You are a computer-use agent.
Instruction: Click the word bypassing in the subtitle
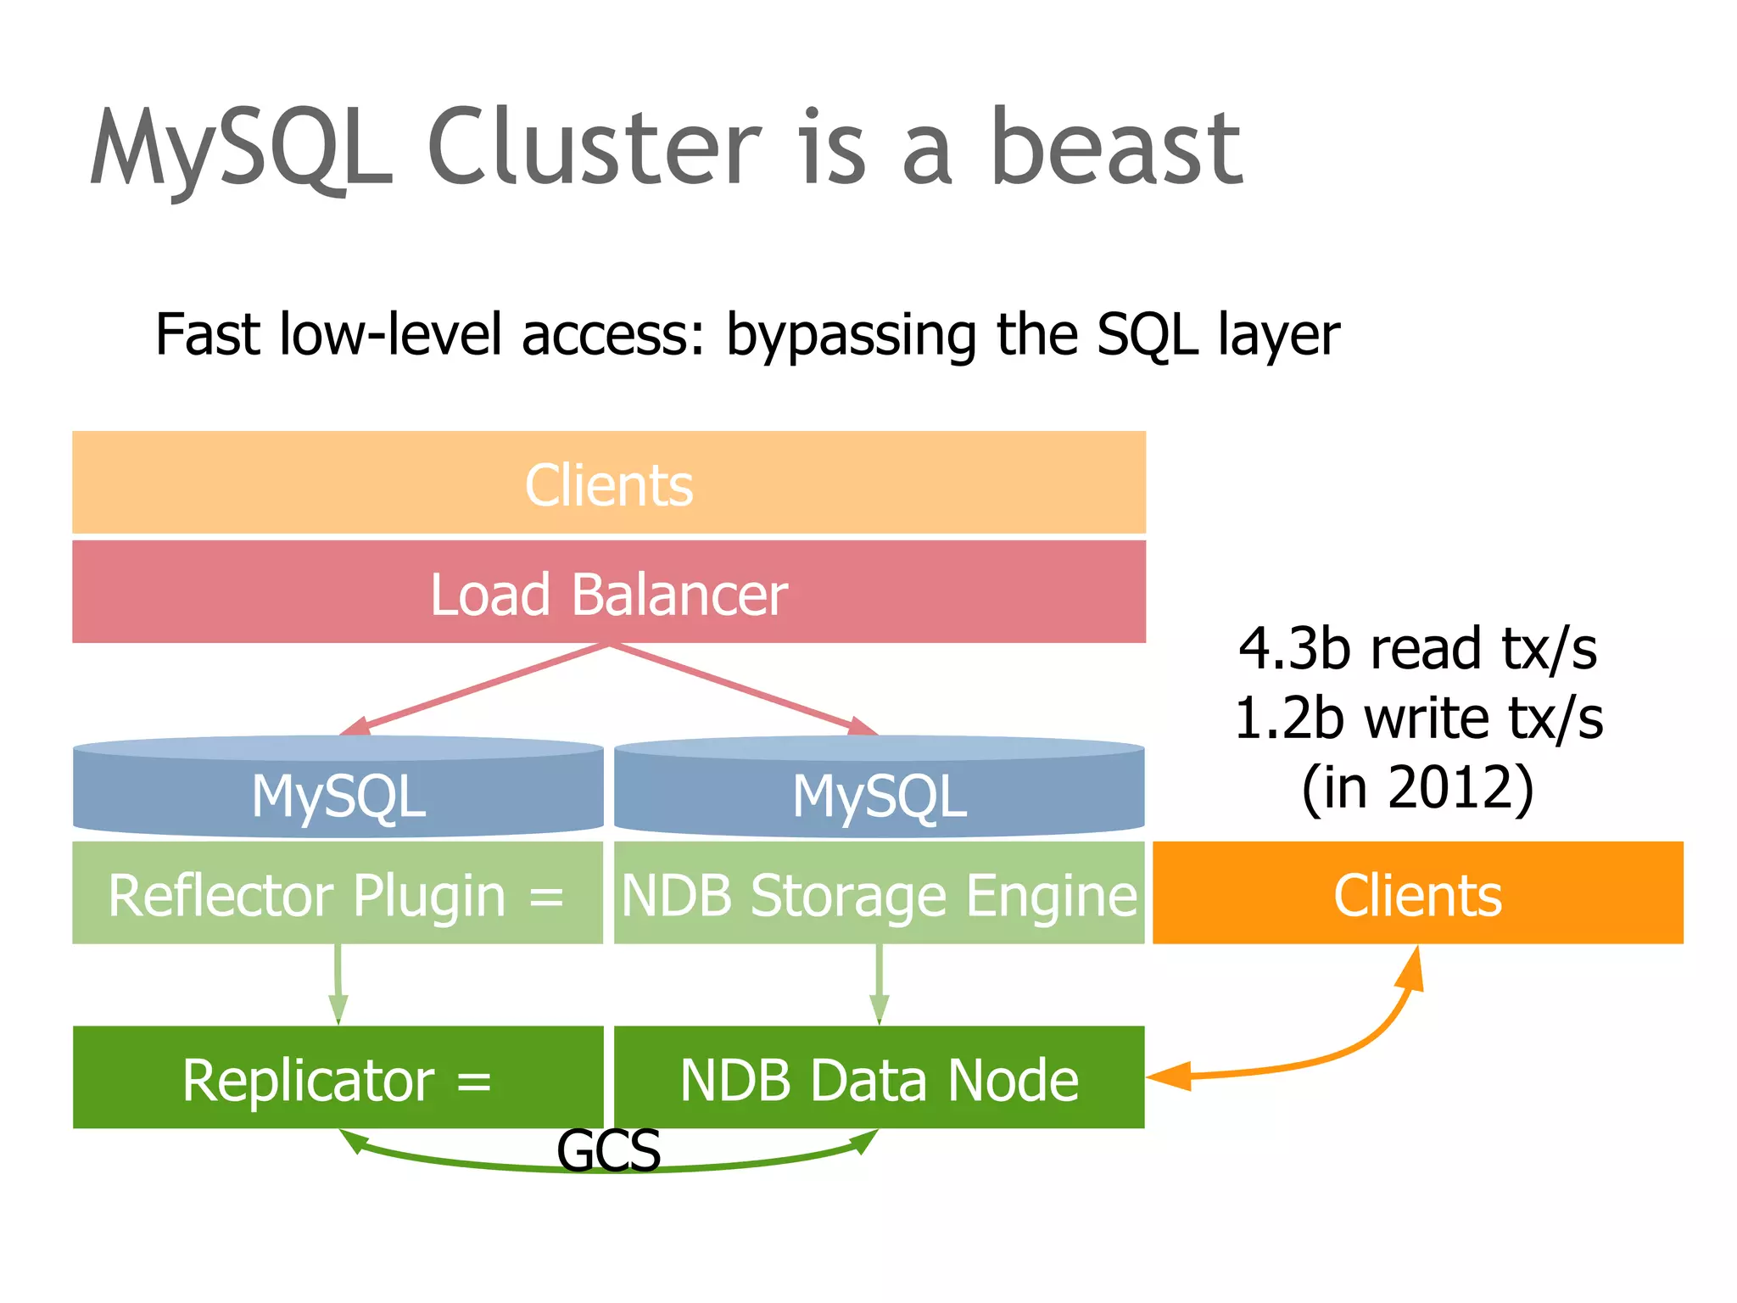(851, 335)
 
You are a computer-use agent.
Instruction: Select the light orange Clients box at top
(609, 484)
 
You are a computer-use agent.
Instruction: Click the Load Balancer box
(609, 593)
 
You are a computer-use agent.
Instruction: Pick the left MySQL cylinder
(338, 789)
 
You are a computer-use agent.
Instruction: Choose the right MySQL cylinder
(880, 789)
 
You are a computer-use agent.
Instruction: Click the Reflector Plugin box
(338, 893)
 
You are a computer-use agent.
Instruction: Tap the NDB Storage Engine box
(880, 893)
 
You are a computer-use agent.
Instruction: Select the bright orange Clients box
(1417, 893)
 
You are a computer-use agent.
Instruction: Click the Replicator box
(338, 1078)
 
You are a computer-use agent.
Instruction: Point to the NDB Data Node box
(880, 1078)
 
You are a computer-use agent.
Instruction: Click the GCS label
(608, 1151)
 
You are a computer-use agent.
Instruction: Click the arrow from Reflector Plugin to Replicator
(338, 984)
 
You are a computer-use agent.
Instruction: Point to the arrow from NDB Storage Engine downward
(880, 984)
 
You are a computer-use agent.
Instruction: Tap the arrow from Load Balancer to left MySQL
(475, 690)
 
